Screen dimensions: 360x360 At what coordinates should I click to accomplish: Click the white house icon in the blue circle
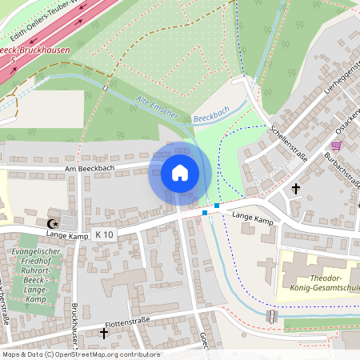[180, 173]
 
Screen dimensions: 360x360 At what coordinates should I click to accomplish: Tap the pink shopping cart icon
[335, 146]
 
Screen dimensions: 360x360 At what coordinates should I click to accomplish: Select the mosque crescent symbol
[54, 223]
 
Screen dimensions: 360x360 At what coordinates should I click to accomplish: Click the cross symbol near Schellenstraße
[296, 189]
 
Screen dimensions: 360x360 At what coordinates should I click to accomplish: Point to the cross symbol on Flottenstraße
[103, 332]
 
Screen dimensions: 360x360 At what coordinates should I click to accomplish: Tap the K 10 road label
[104, 234]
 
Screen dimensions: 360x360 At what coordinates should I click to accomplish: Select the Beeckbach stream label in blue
[212, 116]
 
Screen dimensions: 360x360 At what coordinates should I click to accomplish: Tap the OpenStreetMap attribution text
[80, 354]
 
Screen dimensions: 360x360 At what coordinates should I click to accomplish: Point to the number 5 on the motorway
[13, 61]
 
